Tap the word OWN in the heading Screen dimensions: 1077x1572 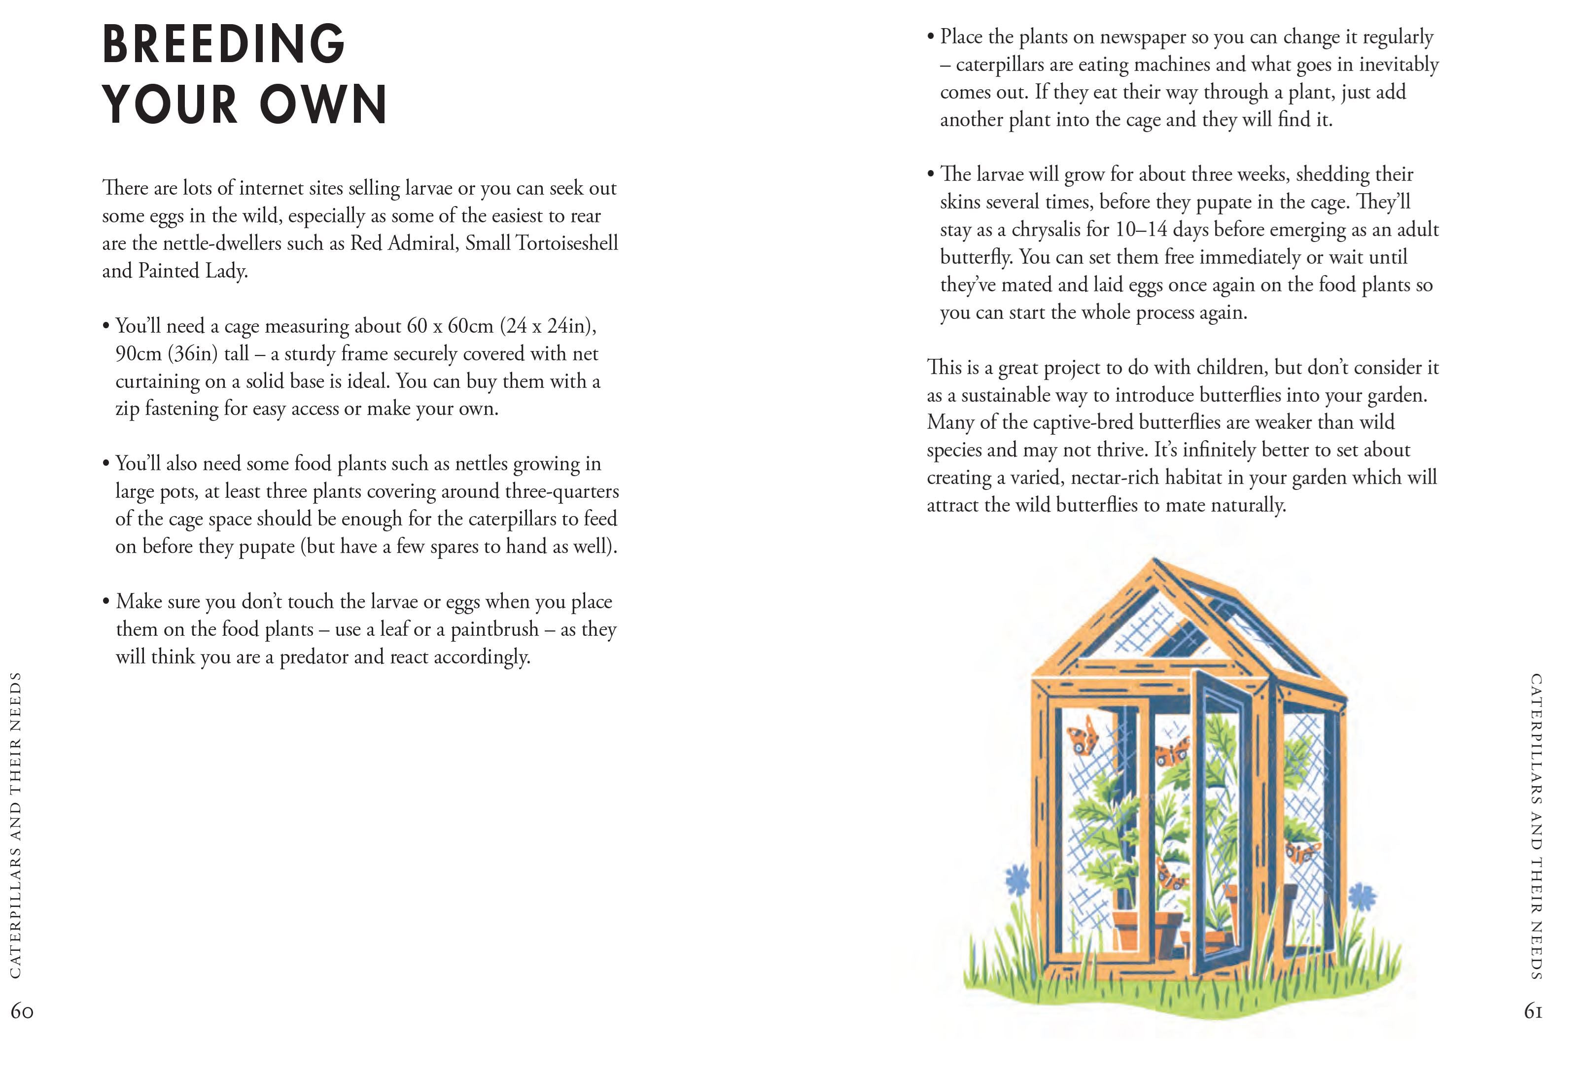(x=323, y=105)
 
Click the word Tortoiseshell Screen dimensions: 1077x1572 (x=567, y=243)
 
